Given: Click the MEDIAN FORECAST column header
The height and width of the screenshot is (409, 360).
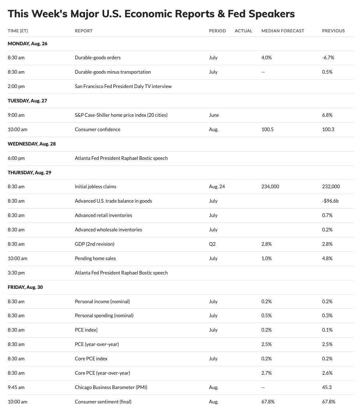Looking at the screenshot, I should tap(283, 31).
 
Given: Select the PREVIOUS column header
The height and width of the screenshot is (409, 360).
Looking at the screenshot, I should tap(333, 31).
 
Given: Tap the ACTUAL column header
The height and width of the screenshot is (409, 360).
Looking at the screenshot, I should tap(243, 31).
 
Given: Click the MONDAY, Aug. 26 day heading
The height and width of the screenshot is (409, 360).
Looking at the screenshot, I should tap(28, 43).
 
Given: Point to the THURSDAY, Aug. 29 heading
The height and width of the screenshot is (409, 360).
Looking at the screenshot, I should tap(29, 172).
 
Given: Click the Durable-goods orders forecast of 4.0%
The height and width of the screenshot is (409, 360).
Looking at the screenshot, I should tap(267, 57).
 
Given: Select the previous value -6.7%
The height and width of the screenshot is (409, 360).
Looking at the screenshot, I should tap(328, 57).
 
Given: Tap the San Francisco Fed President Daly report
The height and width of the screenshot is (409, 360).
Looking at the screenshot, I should tap(123, 86).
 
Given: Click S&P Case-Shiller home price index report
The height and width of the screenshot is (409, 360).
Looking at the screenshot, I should tap(121, 115).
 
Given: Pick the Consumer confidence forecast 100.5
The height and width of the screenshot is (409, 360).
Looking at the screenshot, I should tap(267, 129).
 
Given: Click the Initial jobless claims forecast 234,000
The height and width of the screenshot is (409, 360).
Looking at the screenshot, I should tap(270, 186).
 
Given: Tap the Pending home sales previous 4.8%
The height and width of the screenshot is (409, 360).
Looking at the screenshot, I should tap(327, 258).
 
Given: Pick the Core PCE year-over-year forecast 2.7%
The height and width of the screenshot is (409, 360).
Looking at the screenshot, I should tap(267, 373).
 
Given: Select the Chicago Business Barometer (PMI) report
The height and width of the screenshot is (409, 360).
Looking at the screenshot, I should tap(111, 387).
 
